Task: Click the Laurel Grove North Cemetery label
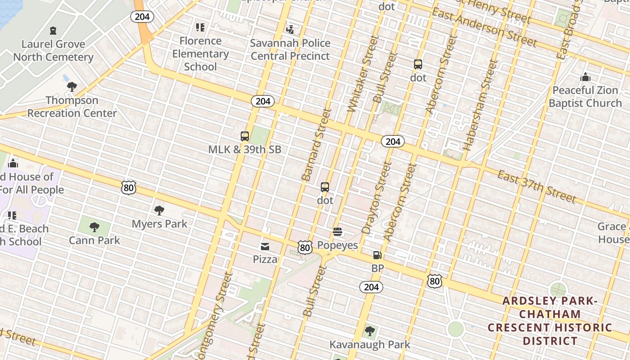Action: coord(53,50)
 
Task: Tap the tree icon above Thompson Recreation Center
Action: coord(72,87)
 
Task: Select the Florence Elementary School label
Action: coord(200,54)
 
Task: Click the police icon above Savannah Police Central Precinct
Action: coord(290,30)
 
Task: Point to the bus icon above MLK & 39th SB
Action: coord(245,136)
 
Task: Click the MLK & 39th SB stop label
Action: coord(245,149)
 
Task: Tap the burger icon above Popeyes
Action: coord(337,232)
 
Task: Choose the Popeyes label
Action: coord(337,245)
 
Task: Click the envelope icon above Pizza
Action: coord(265,246)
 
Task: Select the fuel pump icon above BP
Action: coord(377,255)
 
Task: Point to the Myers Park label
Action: coord(159,224)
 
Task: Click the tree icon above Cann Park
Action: coord(94,227)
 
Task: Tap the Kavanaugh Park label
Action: coord(369,345)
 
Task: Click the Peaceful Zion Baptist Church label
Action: coord(585,97)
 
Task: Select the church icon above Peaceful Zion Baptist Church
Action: coord(585,77)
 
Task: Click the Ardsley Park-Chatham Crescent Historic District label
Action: coord(550,321)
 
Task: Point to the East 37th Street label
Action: coord(536,186)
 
